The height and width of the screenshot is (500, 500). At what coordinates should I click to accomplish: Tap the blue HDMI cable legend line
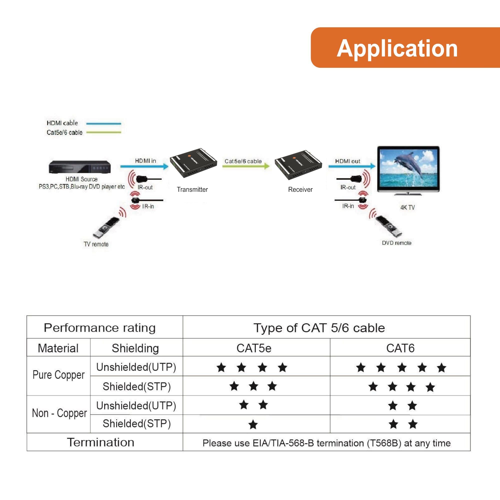click(103, 124)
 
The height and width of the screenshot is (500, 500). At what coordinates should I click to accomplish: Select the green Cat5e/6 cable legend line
click(103, 132)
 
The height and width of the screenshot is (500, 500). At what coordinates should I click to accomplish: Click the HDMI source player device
click(80, 167)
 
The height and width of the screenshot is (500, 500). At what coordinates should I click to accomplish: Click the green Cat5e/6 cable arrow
click(245, 166)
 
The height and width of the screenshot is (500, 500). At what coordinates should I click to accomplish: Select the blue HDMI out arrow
click(352, 166)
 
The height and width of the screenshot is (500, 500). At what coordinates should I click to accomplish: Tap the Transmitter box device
click(193, 163)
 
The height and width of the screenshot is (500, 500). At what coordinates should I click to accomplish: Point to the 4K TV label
click(407, 207)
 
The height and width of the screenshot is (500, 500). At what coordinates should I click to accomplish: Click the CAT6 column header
click(400, 348)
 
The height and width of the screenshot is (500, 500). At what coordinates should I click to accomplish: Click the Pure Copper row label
click(58, 375)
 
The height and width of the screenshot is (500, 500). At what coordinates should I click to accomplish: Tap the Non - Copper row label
click(59, 413)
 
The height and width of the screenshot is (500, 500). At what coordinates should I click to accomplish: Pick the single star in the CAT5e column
click(253, 425)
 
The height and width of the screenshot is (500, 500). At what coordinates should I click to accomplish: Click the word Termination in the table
click(101, 442)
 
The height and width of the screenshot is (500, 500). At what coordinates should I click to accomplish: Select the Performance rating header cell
click(100, 328)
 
